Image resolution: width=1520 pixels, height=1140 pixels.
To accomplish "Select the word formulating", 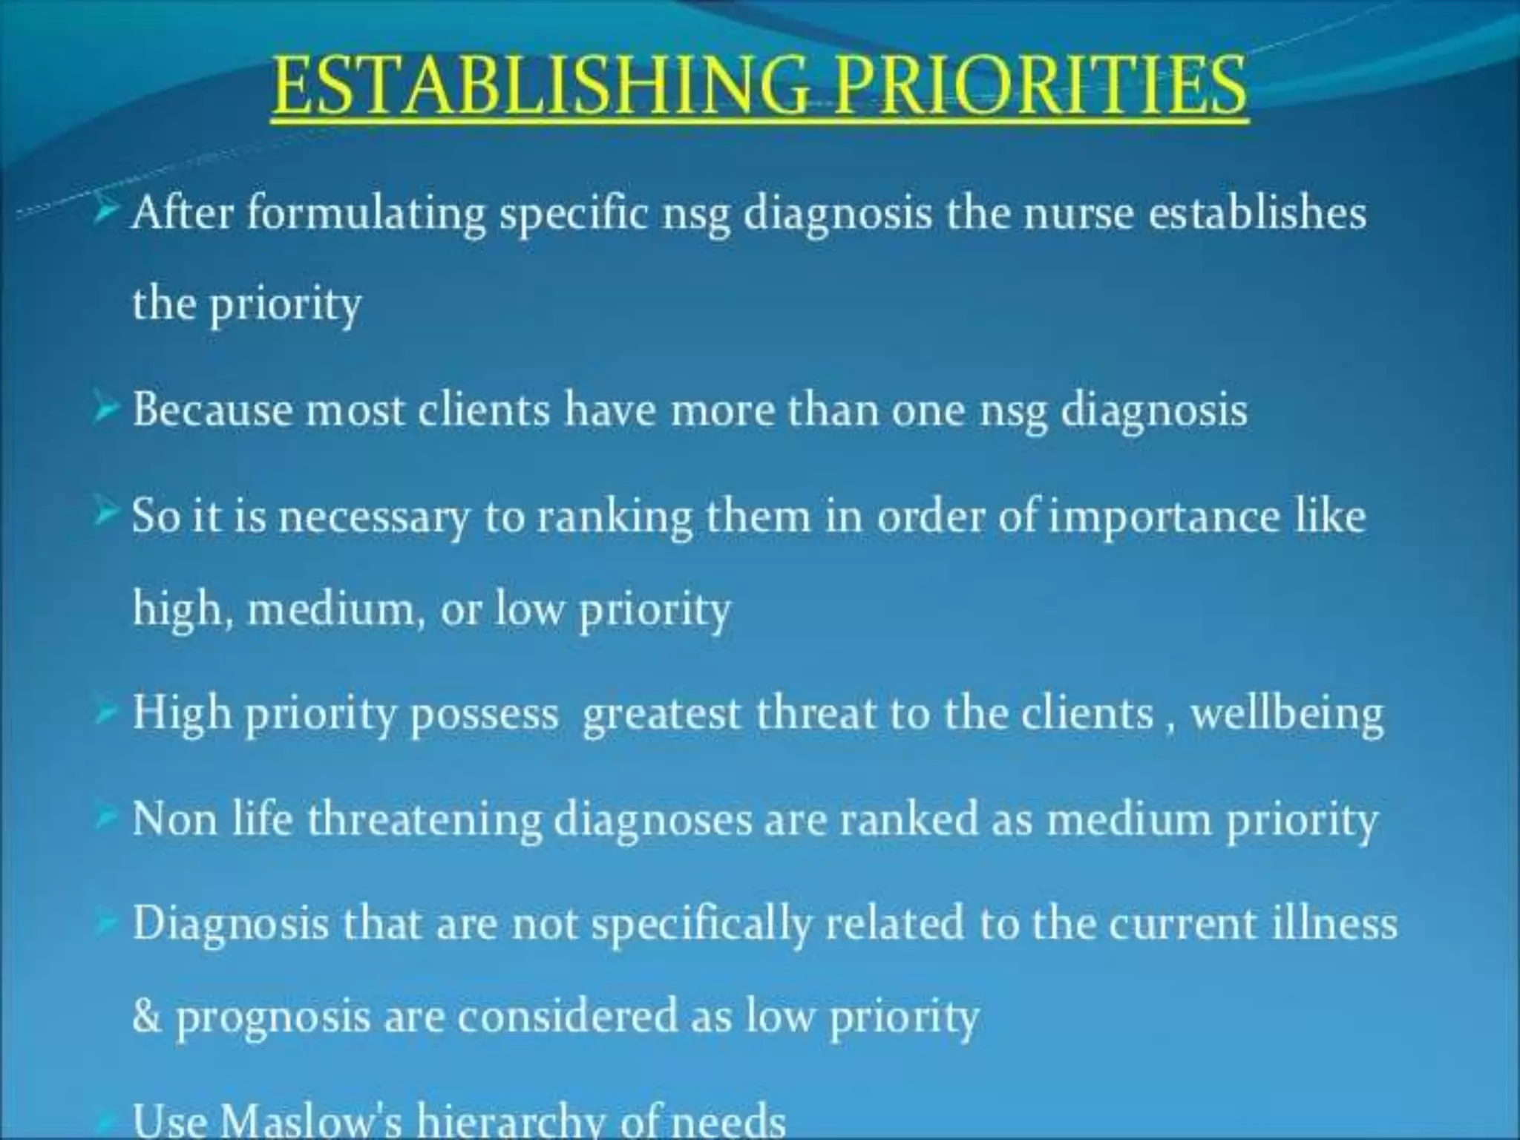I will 366,214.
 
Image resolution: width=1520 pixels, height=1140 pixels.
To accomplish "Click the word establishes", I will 1257,214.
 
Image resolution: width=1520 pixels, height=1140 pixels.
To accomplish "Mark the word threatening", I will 425,821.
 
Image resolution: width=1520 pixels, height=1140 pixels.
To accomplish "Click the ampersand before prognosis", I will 146,1017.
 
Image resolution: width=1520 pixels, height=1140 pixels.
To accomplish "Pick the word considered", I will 567,1015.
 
